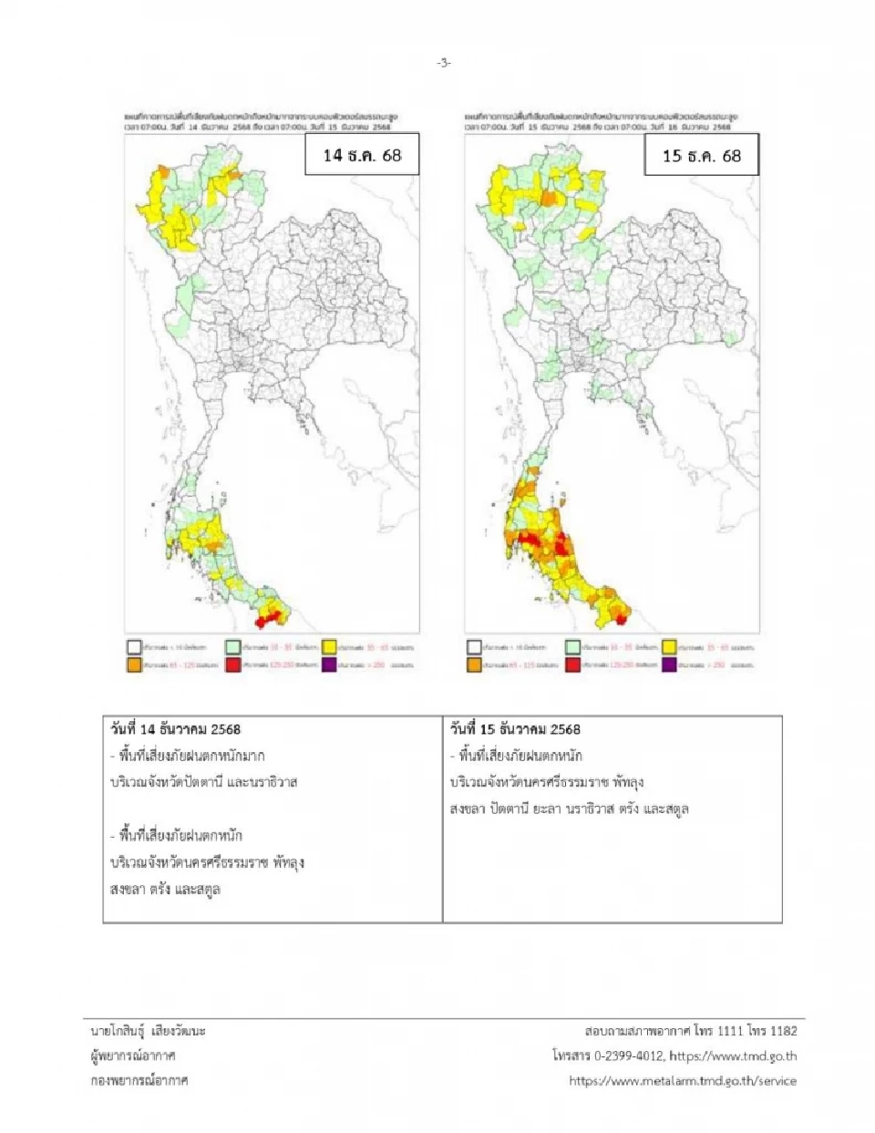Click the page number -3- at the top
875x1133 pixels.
[443, 63]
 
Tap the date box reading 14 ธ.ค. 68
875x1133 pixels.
[362, 155]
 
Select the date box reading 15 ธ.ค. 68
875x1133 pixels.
[701, 156]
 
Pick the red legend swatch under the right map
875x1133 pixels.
[572, 665]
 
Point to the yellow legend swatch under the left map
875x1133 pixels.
[329, 647]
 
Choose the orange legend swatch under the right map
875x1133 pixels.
[474, 665]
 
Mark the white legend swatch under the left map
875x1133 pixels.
[134, 647]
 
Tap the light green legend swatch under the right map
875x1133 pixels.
[572, 647]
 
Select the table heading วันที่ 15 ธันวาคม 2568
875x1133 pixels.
[515, 729]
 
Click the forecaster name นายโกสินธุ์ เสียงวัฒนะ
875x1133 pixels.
[149, 1031]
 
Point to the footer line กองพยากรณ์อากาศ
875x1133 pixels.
[139, 1080]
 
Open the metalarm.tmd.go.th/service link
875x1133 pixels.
[683, 1081]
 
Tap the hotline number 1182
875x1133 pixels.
[782, 1031]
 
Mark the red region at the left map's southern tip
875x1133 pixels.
[267, 620]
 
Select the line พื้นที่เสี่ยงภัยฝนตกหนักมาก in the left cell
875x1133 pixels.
[191, 756]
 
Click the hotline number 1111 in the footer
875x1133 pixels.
[730, 1031]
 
